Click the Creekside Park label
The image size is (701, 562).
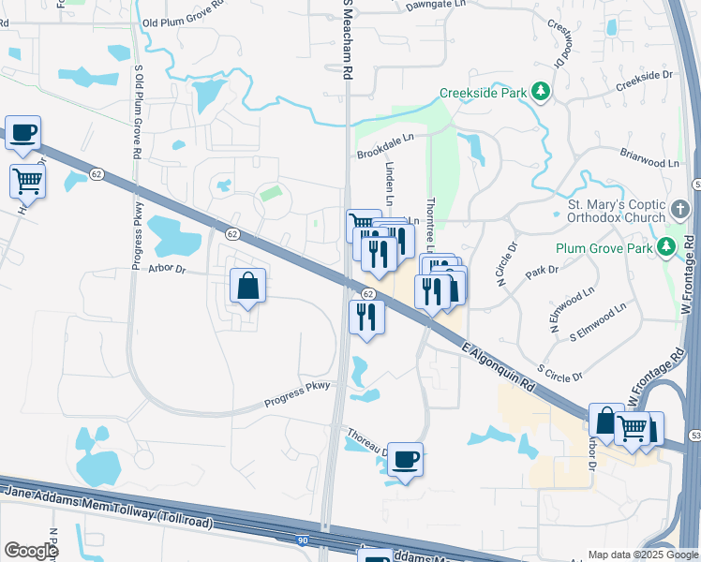click(483, 94)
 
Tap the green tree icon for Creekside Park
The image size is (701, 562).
click(541, 92)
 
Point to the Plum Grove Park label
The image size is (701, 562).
click(602, 248)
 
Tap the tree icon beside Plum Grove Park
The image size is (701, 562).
click(666, 247)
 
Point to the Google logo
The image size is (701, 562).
click(30, 550)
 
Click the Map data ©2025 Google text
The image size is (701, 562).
click(643, 555)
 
